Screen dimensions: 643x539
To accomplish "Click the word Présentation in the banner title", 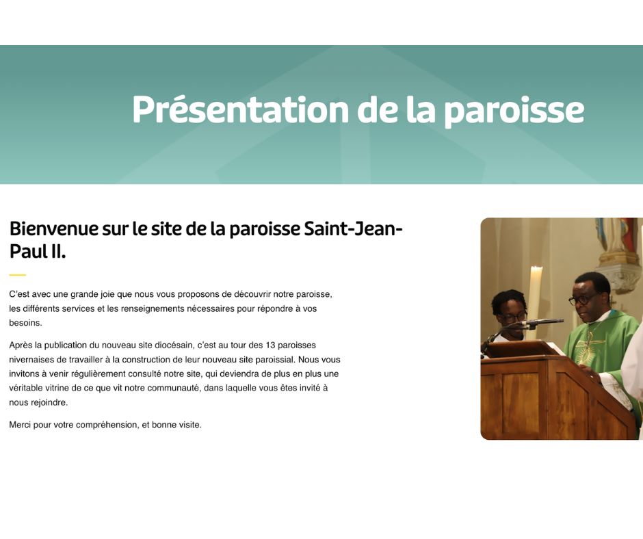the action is [x=240, y=109].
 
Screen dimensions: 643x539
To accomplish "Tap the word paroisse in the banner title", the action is [x=514, y=111].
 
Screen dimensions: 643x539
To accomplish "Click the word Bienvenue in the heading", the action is [x=54, y=228].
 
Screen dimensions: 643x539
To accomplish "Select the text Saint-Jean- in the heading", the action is [x=353, y=228].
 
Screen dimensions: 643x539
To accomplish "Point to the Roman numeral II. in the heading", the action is [x=59, y=252].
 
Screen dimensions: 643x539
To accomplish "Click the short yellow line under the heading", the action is [x=18, y=275].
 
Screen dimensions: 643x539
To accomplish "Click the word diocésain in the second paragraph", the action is [x=175, y=345].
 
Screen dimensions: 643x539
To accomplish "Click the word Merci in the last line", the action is [x=20, y=425].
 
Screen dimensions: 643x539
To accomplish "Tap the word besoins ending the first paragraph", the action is [x=25, y=323].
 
